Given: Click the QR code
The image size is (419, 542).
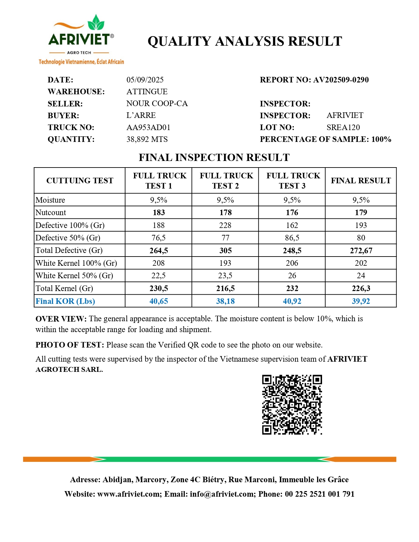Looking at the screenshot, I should (x=292, y=405).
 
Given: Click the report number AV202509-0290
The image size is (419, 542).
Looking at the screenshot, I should (x=341, y=80).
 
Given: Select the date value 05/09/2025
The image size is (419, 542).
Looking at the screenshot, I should (x=145, y=80).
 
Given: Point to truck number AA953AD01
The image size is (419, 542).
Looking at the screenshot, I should (x=148, y=127).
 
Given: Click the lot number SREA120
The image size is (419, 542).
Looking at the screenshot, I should (x=343, y=127).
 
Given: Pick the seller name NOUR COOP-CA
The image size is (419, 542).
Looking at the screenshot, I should (x=157, y=103).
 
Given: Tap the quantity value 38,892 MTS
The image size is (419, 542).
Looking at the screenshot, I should (x=147, y=139).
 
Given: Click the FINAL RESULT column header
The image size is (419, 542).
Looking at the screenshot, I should (x=361, y=181).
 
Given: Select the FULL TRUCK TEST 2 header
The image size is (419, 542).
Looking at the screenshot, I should (x=226, y=181).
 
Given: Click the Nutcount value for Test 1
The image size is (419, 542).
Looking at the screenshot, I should (x=159, y=213).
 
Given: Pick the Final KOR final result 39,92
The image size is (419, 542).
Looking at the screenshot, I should (x=361, y=301).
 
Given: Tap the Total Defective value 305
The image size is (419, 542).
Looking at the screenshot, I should (x=225, y=251).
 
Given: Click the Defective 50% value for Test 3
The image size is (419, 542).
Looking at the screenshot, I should (x=292, y=238).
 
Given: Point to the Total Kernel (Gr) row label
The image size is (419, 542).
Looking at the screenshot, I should (x=64, y=288).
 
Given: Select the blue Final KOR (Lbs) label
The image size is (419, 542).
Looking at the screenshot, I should (x=65, y=301).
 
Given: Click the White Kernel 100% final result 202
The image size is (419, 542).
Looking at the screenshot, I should (x=361, y=263).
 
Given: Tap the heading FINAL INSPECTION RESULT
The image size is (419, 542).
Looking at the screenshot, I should (x=214, y=158).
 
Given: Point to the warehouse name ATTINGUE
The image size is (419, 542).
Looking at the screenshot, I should (x=147, y=92).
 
